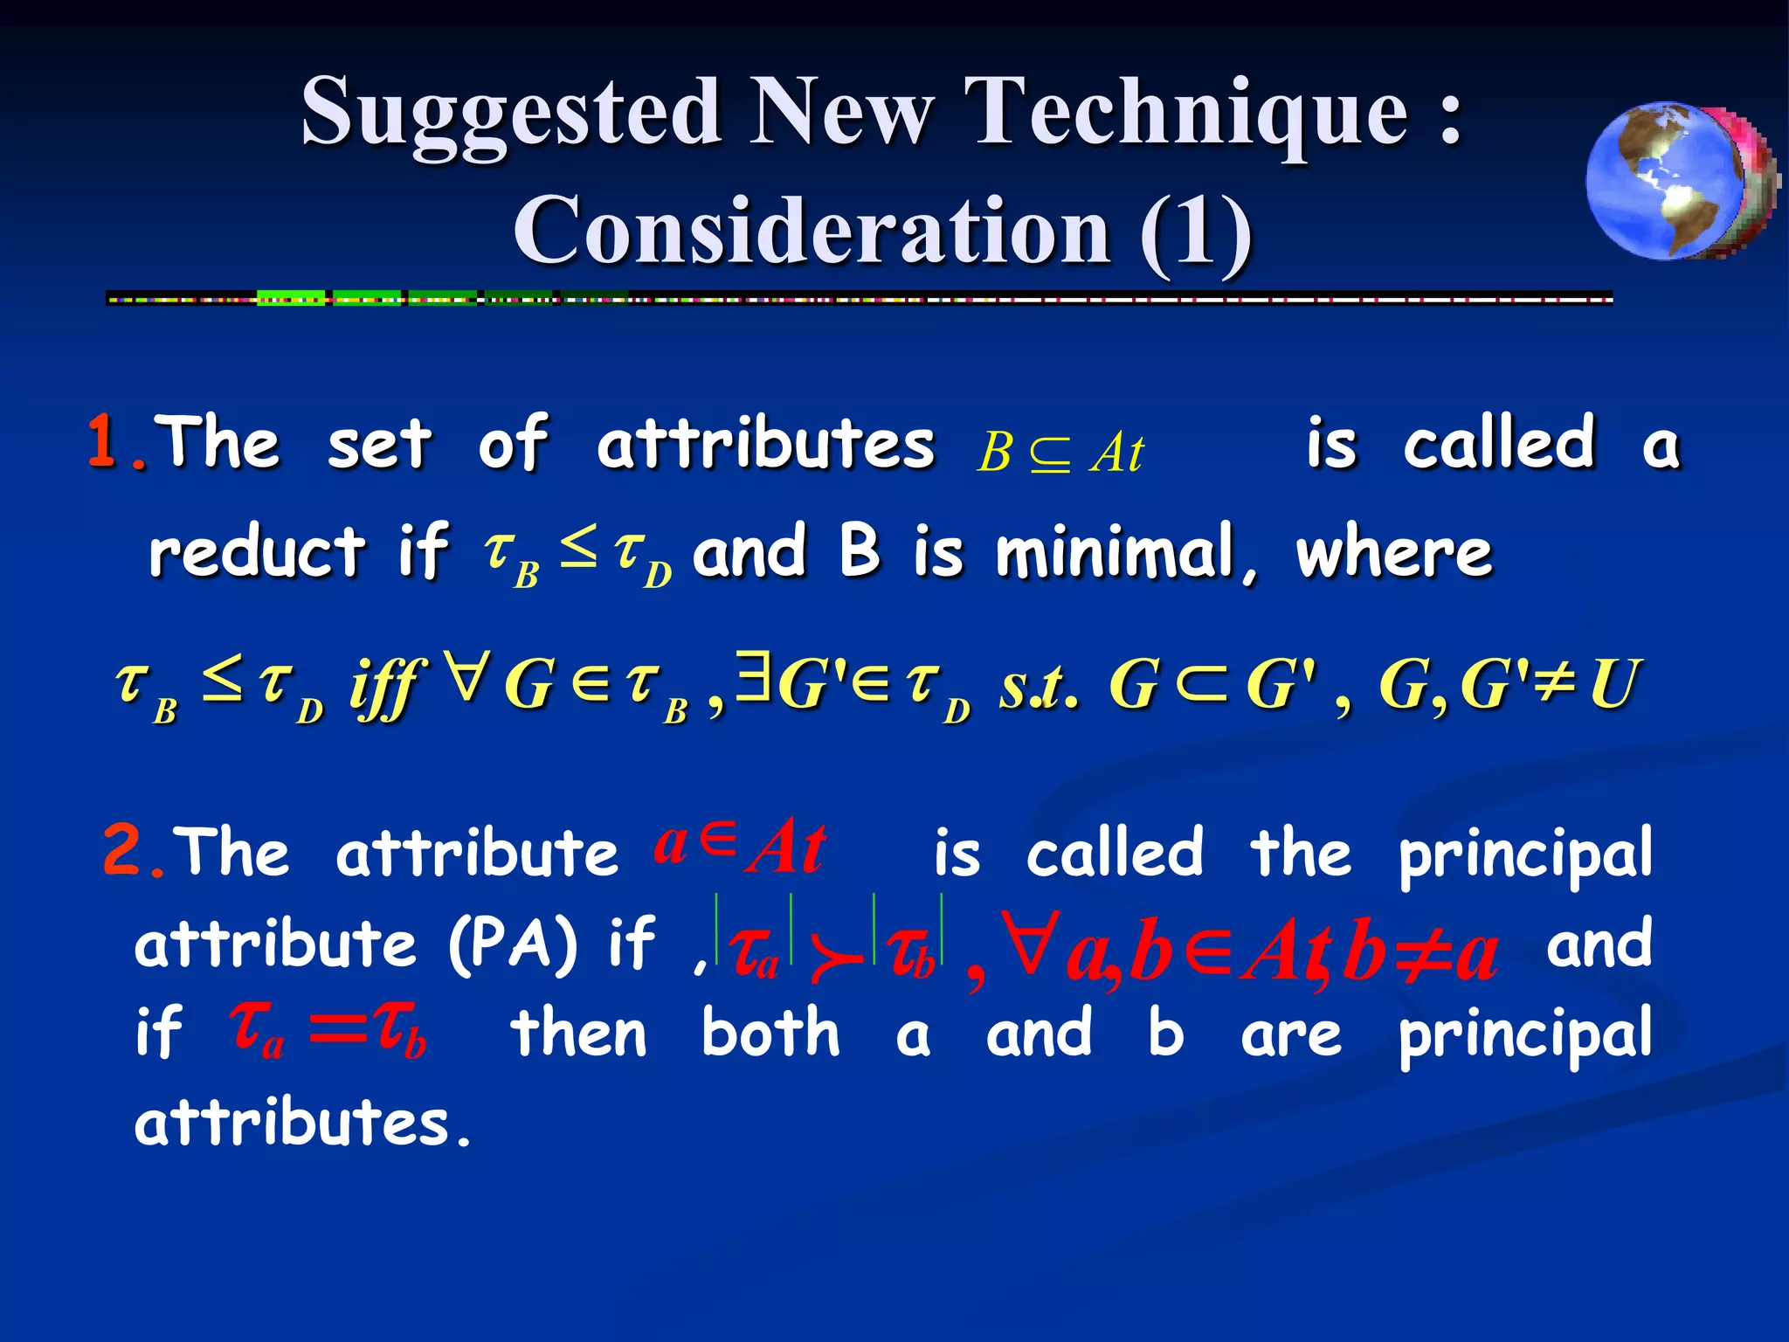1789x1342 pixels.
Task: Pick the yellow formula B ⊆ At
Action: [1059, 453]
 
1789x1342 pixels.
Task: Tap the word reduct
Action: [256, 552]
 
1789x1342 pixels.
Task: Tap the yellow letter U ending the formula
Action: [1614, 685]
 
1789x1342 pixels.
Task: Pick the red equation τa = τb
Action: [328, 1031]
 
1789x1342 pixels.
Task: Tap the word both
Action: [770, 1033]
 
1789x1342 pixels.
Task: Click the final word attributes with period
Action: [302, 1124]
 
